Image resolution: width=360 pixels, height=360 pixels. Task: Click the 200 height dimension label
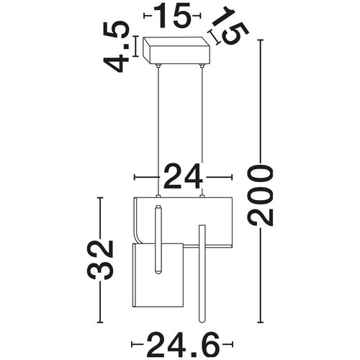[x=261, y=195]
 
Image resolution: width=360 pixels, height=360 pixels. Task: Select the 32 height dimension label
[x=100, y=260]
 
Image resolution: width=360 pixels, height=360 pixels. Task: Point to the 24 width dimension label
[x=183, y=176]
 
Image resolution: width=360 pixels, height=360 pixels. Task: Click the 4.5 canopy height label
[x=117, y=47]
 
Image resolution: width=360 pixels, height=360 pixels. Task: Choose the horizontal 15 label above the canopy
[x=172, y=15]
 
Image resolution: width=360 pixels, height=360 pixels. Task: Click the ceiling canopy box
[x=176, y=50]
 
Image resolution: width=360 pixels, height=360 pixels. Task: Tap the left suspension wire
[x=158, y=132]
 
